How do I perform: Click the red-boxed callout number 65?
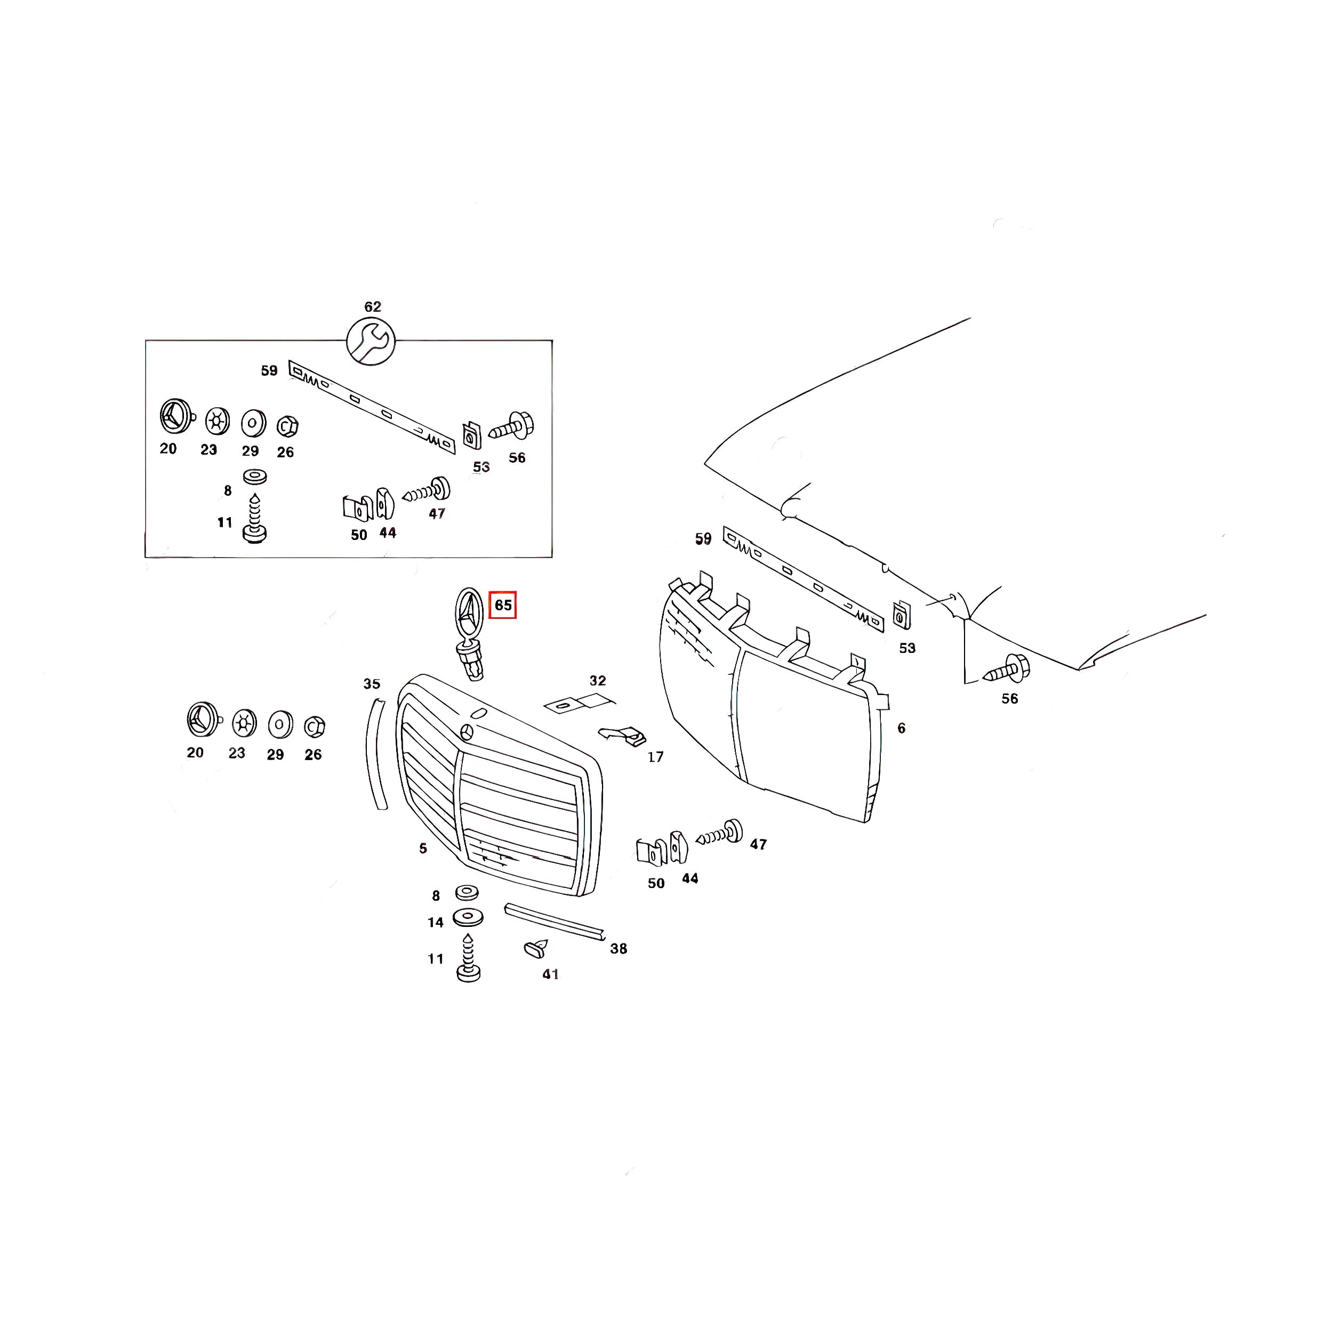(x=502, y=605)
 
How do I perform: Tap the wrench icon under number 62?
(x=371, y=341)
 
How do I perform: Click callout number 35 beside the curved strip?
(x=371, y=684)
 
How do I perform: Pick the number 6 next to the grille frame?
(x=901, y=728)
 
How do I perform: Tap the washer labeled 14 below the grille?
(x=468, y=917)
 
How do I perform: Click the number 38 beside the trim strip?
(x=618, y=948)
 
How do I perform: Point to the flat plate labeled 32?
(x=578, y=704)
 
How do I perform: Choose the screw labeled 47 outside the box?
(x=720, y=833)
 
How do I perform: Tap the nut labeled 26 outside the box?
(x=314, y=726)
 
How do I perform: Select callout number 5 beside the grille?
(x=423, y=849)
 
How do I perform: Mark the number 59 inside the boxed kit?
(x=269, y=370)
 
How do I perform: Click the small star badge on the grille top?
(x=467, y=732)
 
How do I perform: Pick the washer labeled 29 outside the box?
(x=279, y=725)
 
